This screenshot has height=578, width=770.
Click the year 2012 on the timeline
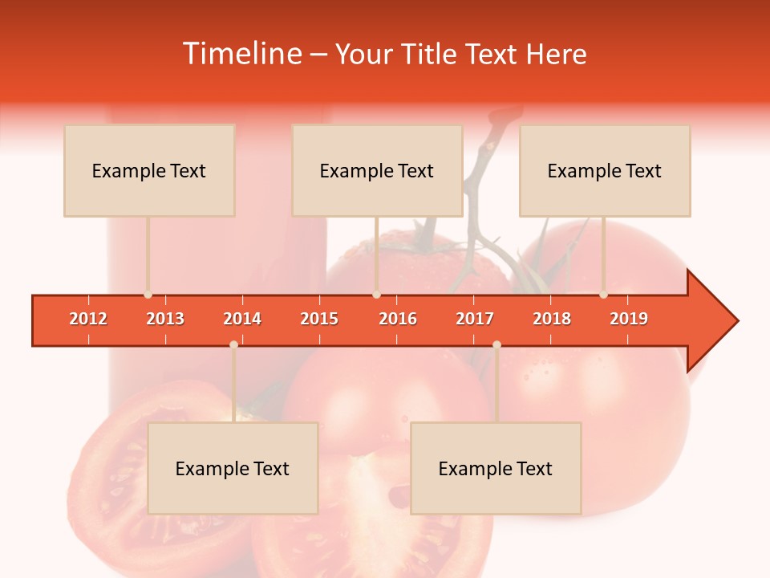tap(88, 319)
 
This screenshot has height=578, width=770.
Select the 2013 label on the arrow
tap(165, 319)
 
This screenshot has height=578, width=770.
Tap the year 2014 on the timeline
tap(242, 319)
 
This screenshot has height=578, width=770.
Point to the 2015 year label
tap(319, 319)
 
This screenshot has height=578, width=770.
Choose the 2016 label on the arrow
tap(398, 319)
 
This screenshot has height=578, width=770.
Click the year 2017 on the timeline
tap(475, 319)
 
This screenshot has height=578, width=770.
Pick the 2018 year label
tap(552, 319)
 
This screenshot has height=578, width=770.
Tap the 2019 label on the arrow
tap(629, 319)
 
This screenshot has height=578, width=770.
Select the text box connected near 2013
tap(149, 171)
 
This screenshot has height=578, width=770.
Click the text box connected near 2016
tap(377, 171)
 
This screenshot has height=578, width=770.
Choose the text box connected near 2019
tap(605, 171)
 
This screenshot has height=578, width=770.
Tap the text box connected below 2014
tap(233, 468)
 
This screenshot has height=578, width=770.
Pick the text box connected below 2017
tap(496, 468)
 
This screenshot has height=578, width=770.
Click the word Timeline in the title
tap(241, 54)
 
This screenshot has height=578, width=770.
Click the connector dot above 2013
tap(148, 295)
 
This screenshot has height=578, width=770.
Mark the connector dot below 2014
tap(233, 344)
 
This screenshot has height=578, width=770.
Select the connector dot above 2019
tap(603, 295)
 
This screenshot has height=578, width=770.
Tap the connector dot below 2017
tap(496, 344)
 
